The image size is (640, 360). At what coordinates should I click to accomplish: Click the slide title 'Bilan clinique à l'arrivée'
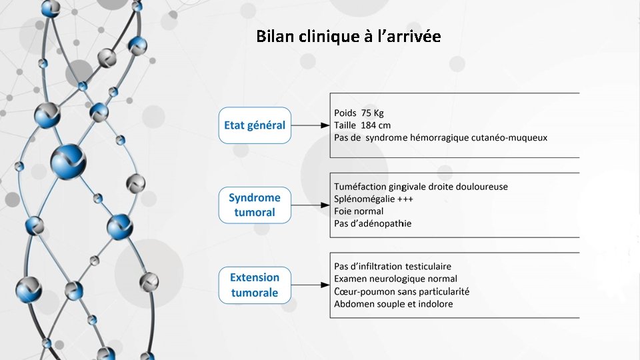(x=348, y=37)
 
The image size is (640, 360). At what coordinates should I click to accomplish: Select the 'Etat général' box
(x=254, y=125)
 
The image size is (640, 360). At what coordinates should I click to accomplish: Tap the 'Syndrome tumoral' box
(x=254, y=205)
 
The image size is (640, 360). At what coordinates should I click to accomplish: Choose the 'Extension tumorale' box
(x=254, y=285)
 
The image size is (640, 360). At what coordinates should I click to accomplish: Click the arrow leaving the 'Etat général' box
(x=311, y=125)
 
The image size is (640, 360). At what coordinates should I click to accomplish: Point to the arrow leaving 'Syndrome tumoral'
(x=311, y=205)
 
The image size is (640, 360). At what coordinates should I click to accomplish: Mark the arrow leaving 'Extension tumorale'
(x=311, y=285)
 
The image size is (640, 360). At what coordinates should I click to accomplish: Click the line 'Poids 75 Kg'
(x=359, y=113)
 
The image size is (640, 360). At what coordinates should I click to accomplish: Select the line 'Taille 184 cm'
(x=362, y=125)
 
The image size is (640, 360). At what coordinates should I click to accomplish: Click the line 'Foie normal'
(x=359, y=211)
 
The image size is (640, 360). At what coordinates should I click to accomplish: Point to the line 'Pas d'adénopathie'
(x=373, y=223)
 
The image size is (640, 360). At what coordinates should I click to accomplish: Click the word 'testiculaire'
(x=445, y=267)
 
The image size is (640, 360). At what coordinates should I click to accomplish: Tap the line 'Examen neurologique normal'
(x=395, y=279)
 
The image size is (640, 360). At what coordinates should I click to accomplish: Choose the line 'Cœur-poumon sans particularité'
(x=401, y=291)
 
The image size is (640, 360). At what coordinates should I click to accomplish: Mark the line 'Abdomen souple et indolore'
(x=393, y=304)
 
